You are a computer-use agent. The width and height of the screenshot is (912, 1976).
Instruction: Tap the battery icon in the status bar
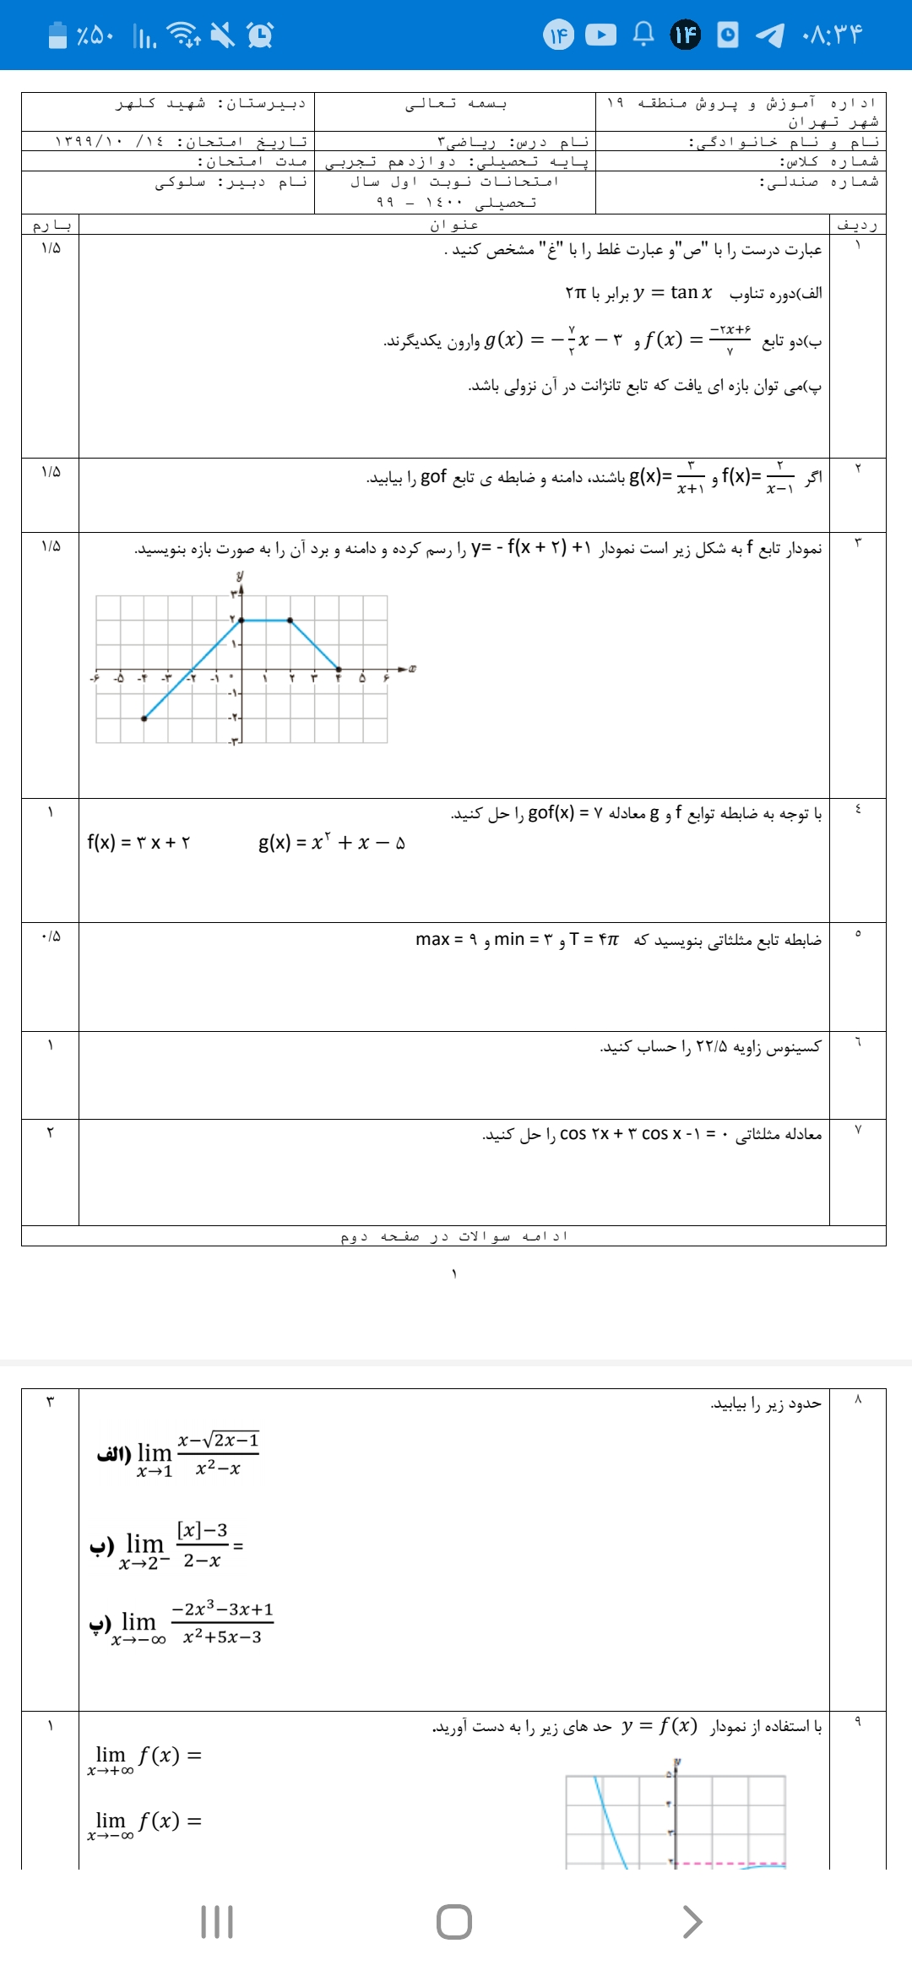[57, 35]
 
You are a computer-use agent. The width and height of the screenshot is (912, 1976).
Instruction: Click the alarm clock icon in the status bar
[260, 35]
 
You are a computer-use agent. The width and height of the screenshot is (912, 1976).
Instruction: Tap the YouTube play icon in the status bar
[600, 35]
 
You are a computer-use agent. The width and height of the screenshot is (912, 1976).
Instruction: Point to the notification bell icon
[643, 35]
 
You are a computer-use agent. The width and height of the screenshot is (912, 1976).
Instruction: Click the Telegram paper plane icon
[768, 35]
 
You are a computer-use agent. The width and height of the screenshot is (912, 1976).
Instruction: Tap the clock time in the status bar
[833, 35]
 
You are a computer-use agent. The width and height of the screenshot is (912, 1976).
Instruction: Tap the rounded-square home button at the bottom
[454, 1922]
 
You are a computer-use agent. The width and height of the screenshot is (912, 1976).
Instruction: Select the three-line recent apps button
[217, 1922]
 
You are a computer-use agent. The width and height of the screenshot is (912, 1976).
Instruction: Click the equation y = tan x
[672, 292]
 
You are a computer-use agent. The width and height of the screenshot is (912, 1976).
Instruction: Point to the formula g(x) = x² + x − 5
[332, 842]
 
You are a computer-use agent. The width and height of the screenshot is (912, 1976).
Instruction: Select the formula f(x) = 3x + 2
[138, 842]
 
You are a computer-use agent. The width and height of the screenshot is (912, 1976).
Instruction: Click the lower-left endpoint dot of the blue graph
[144, 719]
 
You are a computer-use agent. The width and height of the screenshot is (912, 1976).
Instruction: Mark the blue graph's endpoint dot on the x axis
[339, 670]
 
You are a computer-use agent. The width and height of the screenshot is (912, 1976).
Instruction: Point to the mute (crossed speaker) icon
[222, 35]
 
